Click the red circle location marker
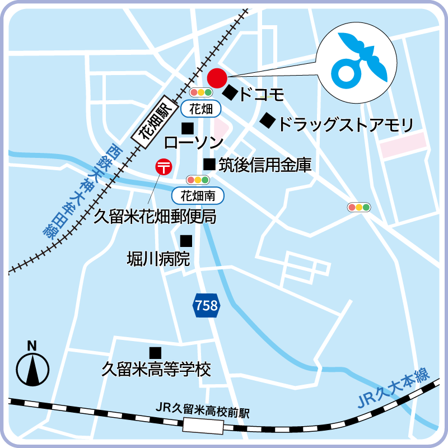[x=216, y=77]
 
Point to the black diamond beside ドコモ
[x=230, y=92]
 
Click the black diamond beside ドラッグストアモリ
[x=268, y=120]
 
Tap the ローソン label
[x=194, y=143]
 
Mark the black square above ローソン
[x=188, y=128]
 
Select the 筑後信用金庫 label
[x=264, y=165]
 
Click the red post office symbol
[x=164, y=166]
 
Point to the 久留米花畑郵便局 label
[x=155, y=216]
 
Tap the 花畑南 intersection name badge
[x=198, y=195]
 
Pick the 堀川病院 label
[x=158, y=259]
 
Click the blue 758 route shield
[x=206, y=306]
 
